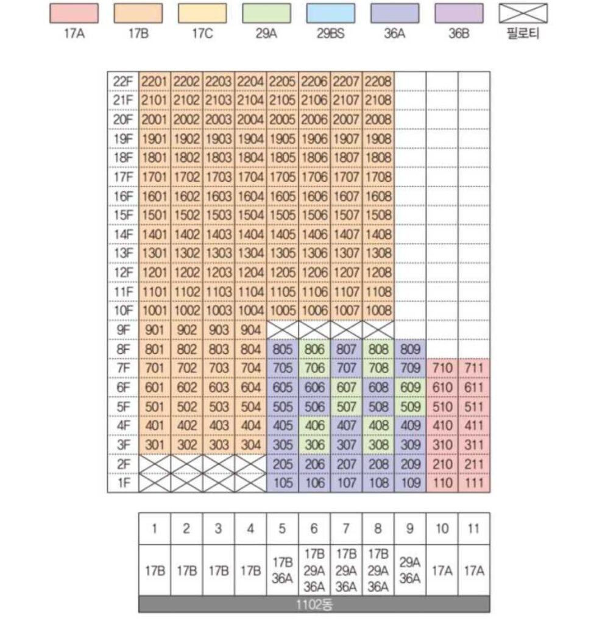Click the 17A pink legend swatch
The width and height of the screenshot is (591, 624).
(x=74, y=13)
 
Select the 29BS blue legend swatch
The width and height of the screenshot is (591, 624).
(x=331, y=13)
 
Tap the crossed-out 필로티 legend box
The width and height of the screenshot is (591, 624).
(x=523, y=13)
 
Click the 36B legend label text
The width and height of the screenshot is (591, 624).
(x=459, y=34)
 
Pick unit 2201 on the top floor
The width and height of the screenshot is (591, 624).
(x=155, y=81)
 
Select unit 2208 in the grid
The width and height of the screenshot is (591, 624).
(x=378, y=81)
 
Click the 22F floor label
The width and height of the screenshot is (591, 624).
(x=123, y=81)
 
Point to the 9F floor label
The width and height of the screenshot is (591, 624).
(x=123, y=330)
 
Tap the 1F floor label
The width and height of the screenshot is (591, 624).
(x=123, y=483)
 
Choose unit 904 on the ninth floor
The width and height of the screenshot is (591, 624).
(x=250, y=330)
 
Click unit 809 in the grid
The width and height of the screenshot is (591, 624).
(x=410, y=349)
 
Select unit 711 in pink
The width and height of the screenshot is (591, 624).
(x=474, y=368)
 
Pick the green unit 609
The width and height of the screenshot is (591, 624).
(x=410, y=388)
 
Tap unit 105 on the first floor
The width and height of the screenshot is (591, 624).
(x=283, y=483)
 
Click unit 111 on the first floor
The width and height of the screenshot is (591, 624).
(x=474, y=483)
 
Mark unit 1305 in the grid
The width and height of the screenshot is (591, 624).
(x=283, y=253)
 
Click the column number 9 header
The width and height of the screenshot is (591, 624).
(x=410, y=529)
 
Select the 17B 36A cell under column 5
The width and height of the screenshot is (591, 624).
(x=283, y=571)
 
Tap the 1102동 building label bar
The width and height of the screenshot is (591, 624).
(x=314, y=605)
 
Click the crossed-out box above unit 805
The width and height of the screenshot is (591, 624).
(x=283, y=330)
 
